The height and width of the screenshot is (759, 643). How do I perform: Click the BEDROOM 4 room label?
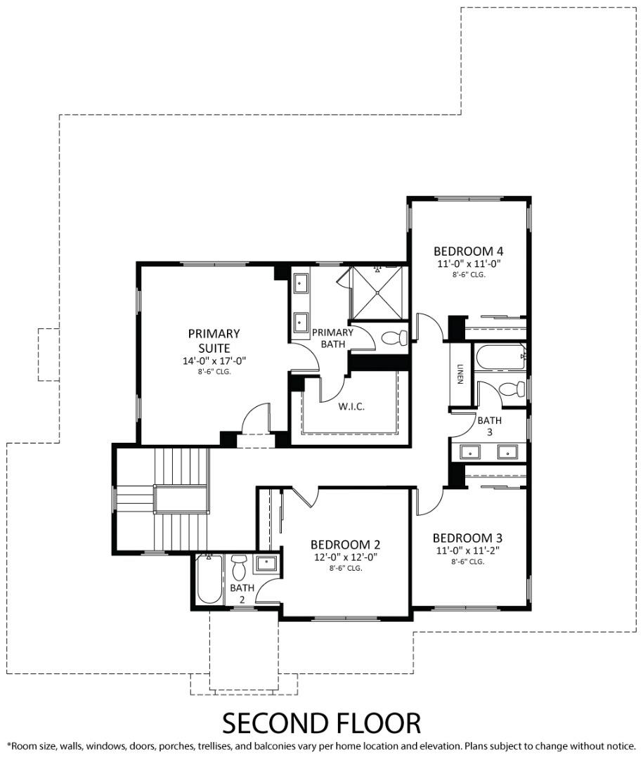point(468,251)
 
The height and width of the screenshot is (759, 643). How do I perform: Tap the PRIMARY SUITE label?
point(214,340)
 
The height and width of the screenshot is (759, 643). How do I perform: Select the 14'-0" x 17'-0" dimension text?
point(214,361)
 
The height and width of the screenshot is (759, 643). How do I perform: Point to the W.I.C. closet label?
point(351,406)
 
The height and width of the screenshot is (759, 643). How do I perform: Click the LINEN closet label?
point(460,375)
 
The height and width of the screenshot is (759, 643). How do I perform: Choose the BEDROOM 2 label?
point(346,545)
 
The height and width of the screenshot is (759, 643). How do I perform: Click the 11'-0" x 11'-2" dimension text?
point(467,551)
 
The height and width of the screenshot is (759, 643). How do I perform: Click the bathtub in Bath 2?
point(209,580)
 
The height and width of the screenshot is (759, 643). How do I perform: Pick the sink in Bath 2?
point(266,563)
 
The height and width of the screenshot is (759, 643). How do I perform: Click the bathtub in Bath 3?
point(500,356)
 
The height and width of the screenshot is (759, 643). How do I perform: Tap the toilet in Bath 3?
point(511,389)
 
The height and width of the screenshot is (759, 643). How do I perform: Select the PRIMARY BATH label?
point(332,338)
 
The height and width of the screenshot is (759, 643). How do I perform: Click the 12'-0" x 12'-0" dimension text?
point(346,557)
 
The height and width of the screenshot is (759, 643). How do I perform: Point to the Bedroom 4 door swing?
point(430,327)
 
